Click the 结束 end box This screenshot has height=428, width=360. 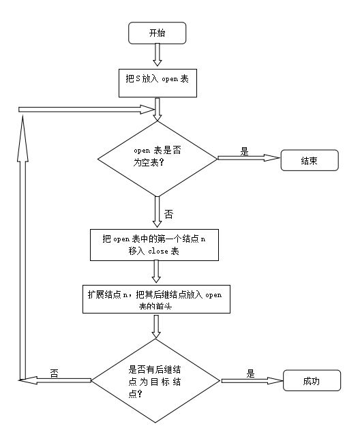pos(311,160)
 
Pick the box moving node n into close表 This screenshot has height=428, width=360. pos(157,245)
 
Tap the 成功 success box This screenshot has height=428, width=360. pos(311,381)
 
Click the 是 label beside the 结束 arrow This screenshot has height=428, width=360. pos(244,151)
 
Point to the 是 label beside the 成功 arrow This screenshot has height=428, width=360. pos(250,373)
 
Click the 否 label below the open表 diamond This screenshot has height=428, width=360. pos(168,214)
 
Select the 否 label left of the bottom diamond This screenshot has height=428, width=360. pos(54,373)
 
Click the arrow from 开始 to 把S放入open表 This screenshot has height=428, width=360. pos(157,53)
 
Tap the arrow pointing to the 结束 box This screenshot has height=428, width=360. pos(248,159)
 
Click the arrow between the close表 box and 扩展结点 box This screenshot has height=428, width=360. pos(157,271)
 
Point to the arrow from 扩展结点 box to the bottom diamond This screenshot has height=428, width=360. pos(157,326)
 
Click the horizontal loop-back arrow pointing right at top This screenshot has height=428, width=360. pos(89,108)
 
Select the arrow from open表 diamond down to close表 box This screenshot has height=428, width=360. pos(157,211)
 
